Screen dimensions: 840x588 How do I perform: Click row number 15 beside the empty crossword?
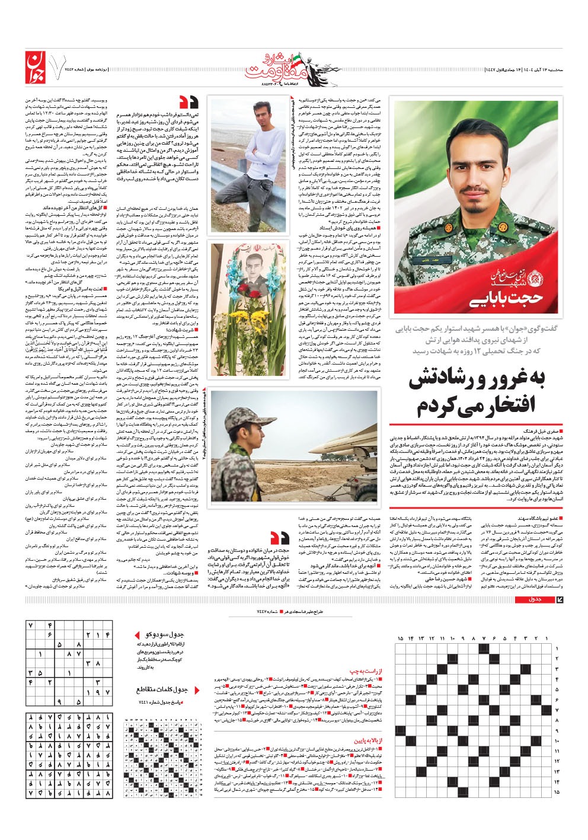557,792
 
